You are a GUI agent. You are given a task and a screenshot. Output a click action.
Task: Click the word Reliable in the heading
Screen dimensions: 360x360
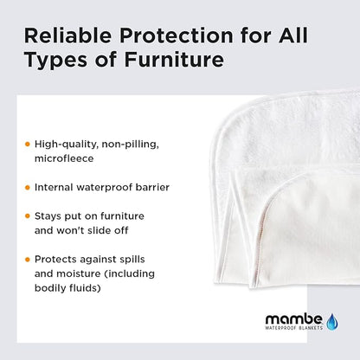click(x=62, y=37)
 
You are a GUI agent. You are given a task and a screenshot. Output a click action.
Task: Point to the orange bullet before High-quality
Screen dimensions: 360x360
click(x=27, y=143)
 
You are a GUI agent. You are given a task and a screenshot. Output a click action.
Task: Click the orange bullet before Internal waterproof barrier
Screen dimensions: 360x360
click(x=27, y=187)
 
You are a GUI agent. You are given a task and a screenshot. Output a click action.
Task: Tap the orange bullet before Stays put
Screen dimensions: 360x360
click(x=27, y=215)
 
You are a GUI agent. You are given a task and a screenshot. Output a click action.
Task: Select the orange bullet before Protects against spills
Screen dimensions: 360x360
click(x=27, y=259)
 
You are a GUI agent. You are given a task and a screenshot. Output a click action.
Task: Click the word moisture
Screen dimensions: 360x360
click(x=85, y=273)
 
